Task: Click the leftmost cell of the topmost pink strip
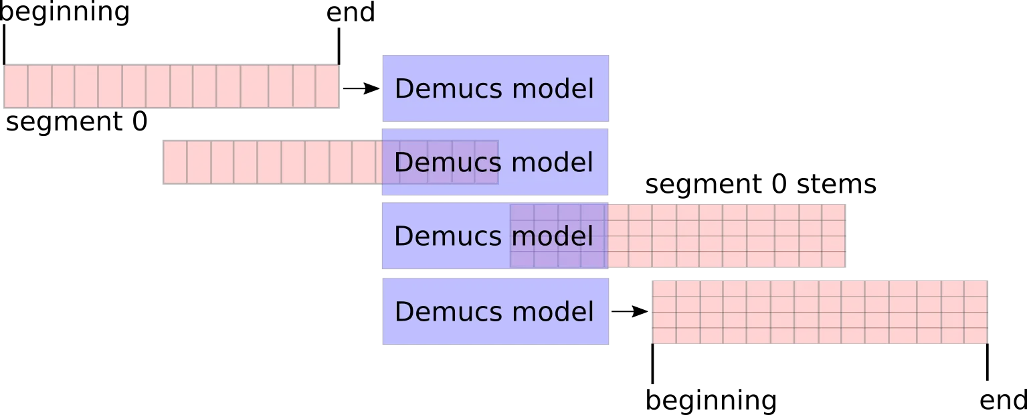tap(15, 86)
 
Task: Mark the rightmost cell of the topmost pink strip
tap(327, 86)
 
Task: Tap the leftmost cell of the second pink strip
tap(175, 162)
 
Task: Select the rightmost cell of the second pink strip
tap(486, 162)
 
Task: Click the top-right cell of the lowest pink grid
tap(976, 288)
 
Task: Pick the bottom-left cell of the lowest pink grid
tap(664, 335)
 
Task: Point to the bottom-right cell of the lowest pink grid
tap(976, 335)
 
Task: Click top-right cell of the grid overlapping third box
tap(833, 212)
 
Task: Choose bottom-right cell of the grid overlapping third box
tap(833, 259)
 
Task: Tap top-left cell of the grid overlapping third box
tap(522, 212)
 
